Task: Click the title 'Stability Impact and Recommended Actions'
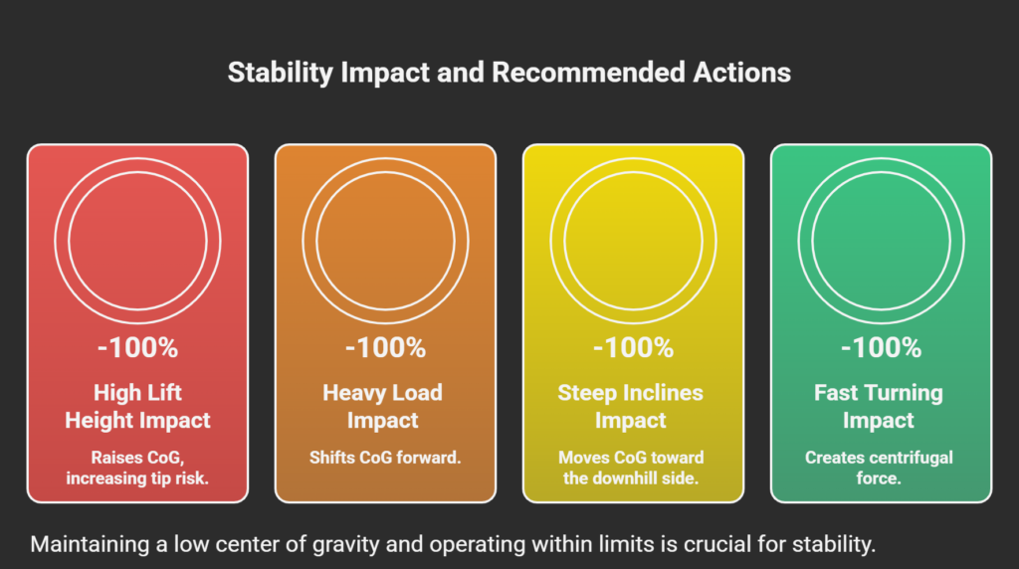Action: (x=509, y=73)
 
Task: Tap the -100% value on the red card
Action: (x=137, y=348)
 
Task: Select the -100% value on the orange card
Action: (x=385, y=348)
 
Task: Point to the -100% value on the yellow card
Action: (x=633, y=348)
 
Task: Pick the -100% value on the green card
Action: (x=881, y=348)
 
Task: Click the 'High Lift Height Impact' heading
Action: (x=137, y=406)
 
